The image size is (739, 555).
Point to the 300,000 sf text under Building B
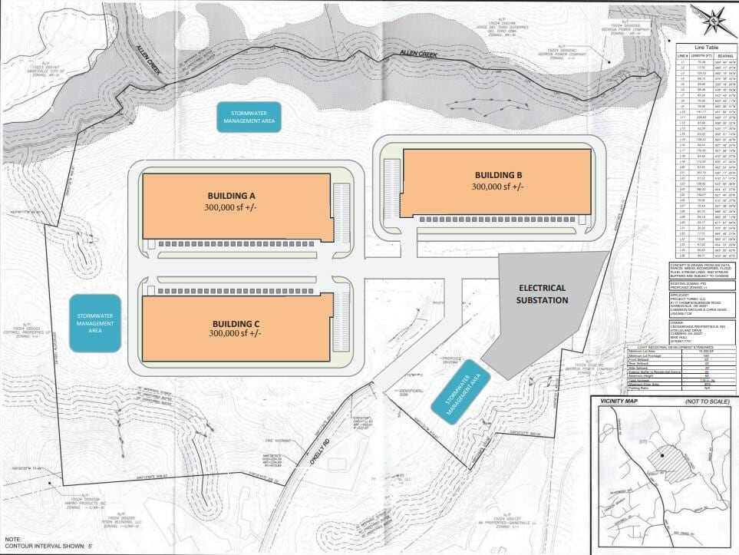coord(498,187)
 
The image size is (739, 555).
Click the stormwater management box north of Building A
coord(249,116)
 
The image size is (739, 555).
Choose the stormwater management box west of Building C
coord(95,322)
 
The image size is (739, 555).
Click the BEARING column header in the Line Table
coord(724,56)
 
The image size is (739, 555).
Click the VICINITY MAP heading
coord(622,400)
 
